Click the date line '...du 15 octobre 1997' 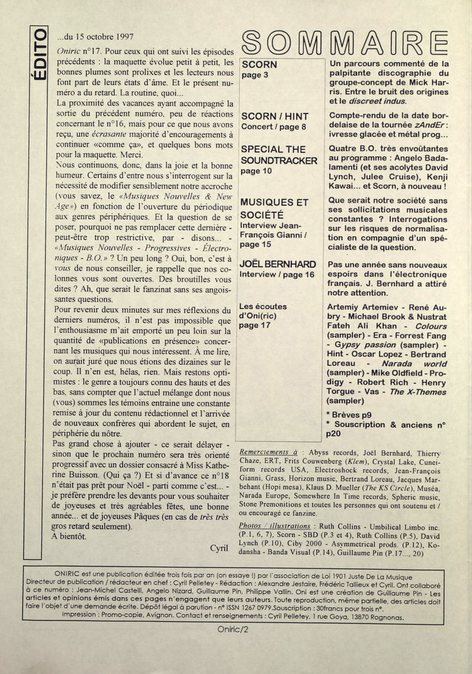click(x=95, y=37)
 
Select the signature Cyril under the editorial click(x=219, y=548)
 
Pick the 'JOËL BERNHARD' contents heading click(x=277, y=264)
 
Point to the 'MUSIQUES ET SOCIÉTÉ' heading click(x=274, y=208)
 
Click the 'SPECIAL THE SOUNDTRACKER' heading click(x=279, y=155)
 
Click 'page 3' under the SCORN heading click(x=255, y=75)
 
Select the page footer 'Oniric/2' click(x=233, y=629)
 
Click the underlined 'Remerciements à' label click(x=269, y=452)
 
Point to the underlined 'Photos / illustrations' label click(x=274, y=526)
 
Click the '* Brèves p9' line click(x=348, y=415)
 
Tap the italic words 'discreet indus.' click(x=378, y=101)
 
